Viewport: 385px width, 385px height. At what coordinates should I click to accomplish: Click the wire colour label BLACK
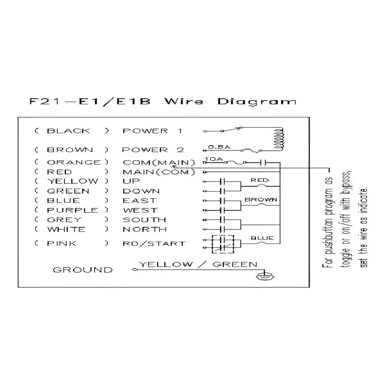pos(68,131)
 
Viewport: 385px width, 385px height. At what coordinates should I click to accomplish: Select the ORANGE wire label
pos(74,162)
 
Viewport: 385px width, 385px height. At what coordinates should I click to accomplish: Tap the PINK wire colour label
pos(62,244)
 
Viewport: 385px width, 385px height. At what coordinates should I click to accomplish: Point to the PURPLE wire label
pos(73,210)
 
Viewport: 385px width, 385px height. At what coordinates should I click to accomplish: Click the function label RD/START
pos(154,244)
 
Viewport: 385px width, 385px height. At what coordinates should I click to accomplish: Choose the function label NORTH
pos(145,230)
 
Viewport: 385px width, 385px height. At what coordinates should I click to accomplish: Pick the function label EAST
pos(140,201)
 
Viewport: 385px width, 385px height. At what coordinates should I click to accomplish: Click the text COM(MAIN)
pos(159,163)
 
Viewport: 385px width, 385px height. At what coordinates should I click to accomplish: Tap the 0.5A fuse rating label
pos(219,147)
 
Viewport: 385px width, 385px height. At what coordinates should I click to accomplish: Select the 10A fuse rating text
pos(214,159)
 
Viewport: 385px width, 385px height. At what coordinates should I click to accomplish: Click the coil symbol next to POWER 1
pos(279,139)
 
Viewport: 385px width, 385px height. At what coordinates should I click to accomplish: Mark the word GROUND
pos(83,270)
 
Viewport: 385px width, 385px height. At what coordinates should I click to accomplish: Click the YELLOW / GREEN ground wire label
pos(198,264)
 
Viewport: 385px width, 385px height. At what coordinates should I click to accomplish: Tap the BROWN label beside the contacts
pos(261,200)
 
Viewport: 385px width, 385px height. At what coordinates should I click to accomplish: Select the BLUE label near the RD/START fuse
pos(262,238)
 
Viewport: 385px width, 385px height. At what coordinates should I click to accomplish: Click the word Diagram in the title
pos(257,102)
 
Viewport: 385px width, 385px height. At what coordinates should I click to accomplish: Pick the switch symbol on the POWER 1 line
pos(232,129)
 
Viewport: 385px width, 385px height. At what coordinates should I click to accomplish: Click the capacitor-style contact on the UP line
pos(222,181)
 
